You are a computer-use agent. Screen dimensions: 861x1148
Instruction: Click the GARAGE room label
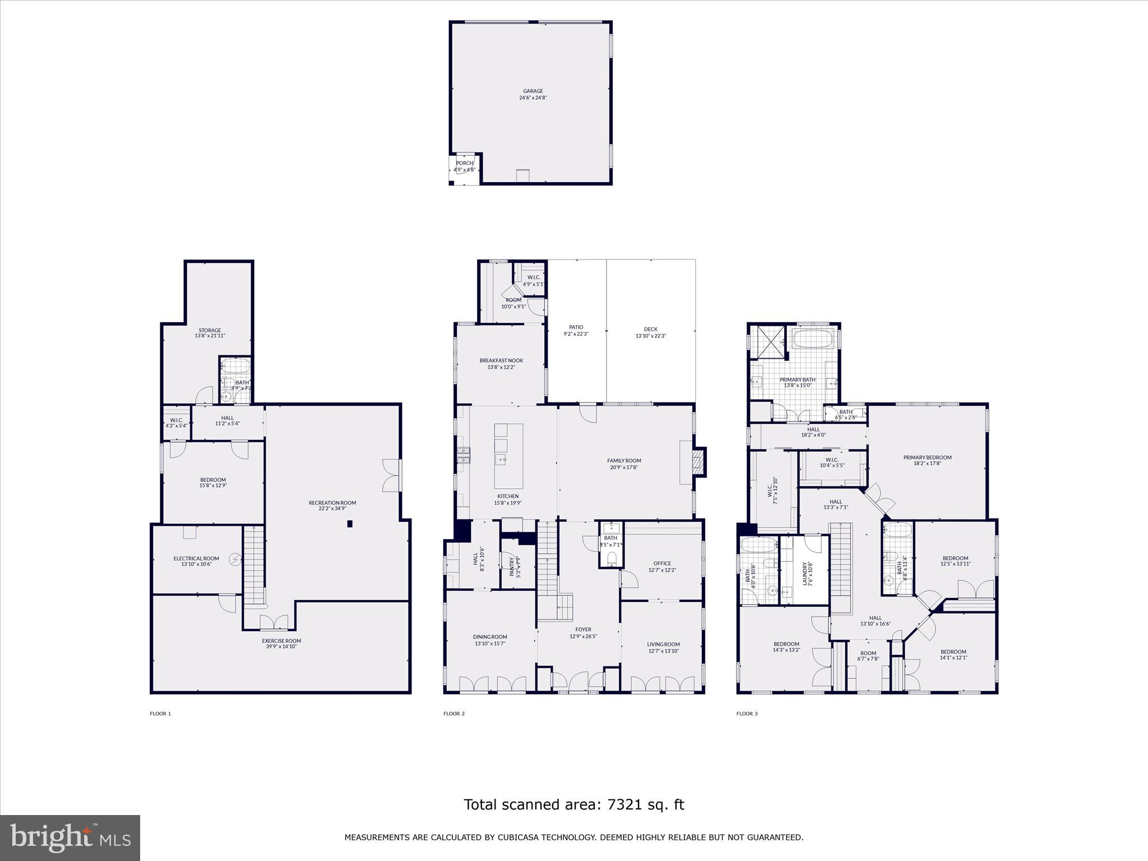pyautogui.click(x=533, y=91)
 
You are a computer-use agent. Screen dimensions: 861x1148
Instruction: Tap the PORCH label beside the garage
pyautogui.click(x=464, y=163)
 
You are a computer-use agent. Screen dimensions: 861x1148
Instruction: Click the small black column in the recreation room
pyautogui.click(x=350, y=524)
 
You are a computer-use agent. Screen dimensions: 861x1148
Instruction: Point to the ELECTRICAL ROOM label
pyautogui.click(x=196, y=558)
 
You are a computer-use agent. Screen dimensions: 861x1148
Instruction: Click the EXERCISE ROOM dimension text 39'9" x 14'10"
pyautogui.click(x=281, y=646)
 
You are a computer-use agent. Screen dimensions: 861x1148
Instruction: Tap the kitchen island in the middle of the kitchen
pyautogui.click(x=508, y=456)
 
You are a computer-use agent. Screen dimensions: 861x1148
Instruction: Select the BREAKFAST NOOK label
pyautogui.click(x=501, y=360)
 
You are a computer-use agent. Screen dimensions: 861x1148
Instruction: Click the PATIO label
pyautogui.click(x=576, y=327)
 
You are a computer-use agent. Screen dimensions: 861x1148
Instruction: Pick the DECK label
pyautogui.click(x=650, y=330)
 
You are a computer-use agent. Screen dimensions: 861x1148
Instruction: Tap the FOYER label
pyautogui.click(x=583, y=629)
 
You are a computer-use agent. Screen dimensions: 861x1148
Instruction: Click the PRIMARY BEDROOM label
pyautogui.click(x=927, y=457)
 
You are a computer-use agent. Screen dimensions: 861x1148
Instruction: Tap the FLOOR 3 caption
pyautogui.click(x=747, y=714)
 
